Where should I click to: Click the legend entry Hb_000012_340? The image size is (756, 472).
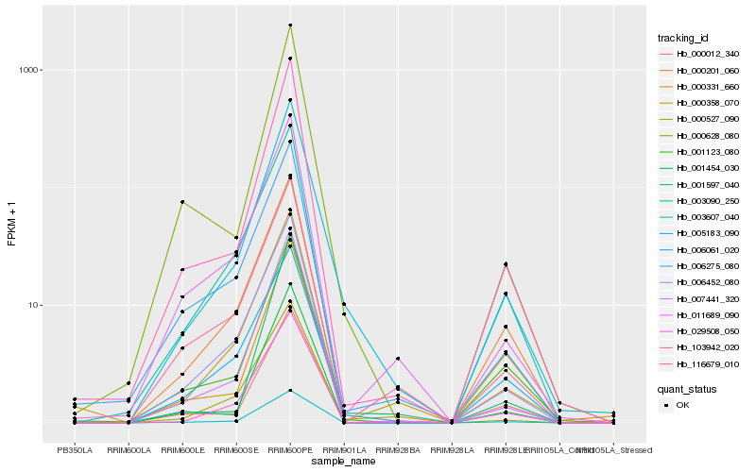pos(705,54)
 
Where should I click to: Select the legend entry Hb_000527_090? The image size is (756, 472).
pos(705,118)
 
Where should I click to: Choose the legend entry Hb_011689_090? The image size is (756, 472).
pos(705,314)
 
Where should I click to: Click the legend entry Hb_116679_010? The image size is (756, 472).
pos(705,363)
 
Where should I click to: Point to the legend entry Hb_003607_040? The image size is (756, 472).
pos(705,216)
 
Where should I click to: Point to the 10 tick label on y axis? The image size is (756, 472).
pos(36,305)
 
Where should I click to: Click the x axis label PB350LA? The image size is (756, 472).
pos(75,450)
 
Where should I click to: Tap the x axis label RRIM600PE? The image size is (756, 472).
pos(290,450)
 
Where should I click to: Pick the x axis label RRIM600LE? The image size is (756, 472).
pos(182,450)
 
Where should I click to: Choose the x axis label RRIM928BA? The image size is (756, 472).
pos(398,450)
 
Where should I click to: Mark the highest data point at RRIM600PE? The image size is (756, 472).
pos(290,25)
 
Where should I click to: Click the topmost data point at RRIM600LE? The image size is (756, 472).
pos(182,202)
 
